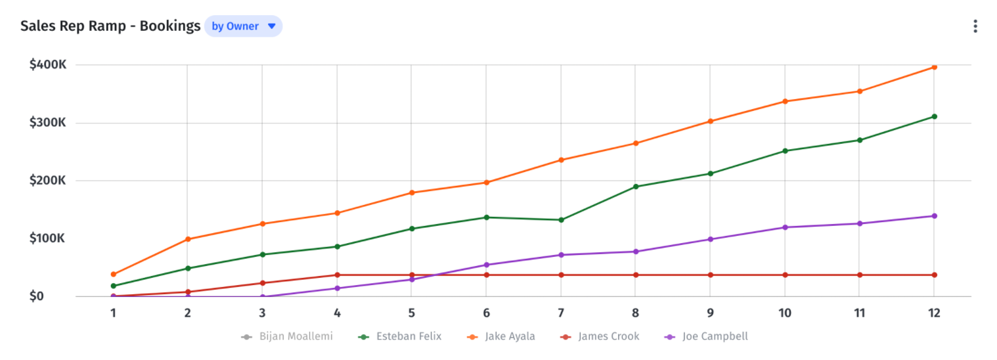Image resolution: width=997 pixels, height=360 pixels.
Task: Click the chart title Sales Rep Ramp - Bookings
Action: [110, 26]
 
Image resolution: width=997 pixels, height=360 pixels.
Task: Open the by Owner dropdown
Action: [243, 26]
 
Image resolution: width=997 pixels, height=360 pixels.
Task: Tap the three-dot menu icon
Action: [975, 26]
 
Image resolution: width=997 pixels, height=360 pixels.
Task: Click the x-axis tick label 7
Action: [561, 313]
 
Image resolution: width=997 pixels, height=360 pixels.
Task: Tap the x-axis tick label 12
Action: [934, 313]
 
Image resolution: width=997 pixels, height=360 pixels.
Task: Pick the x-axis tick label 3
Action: [262, 313]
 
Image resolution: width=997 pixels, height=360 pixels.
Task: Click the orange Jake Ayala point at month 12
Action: [934, 67]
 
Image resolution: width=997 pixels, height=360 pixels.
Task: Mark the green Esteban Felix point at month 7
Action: [561, 220]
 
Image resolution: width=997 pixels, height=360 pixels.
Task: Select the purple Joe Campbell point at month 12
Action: [934, 216]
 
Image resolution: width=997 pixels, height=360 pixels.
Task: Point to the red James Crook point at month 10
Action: [785, 275]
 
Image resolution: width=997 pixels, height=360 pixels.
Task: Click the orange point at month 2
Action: [188, 239]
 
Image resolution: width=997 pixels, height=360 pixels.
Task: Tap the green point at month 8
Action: [636, 187]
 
